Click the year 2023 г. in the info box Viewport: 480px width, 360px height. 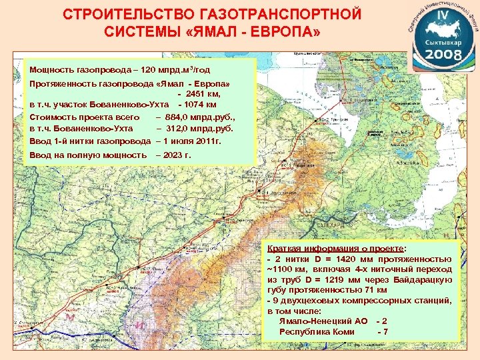coord(173,155)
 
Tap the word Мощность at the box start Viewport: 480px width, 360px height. coord(51,69)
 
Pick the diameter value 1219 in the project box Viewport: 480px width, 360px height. coord(339,279)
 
